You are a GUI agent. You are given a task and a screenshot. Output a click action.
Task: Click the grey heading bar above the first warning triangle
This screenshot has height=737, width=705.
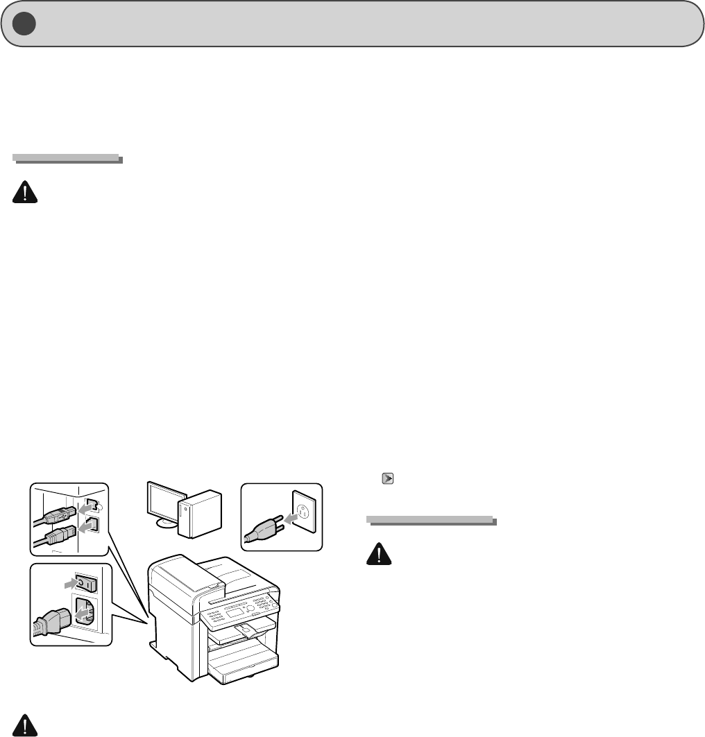tap(67, 159)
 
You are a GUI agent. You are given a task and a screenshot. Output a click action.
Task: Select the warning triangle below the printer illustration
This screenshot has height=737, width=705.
tap(25, 725)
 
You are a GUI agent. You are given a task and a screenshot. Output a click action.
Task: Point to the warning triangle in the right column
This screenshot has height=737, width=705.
tap(379, 554)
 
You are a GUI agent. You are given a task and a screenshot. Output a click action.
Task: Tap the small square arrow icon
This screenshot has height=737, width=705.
tap(387, 478)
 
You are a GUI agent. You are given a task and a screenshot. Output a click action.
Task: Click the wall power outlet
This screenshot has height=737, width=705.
tap(303, 517)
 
